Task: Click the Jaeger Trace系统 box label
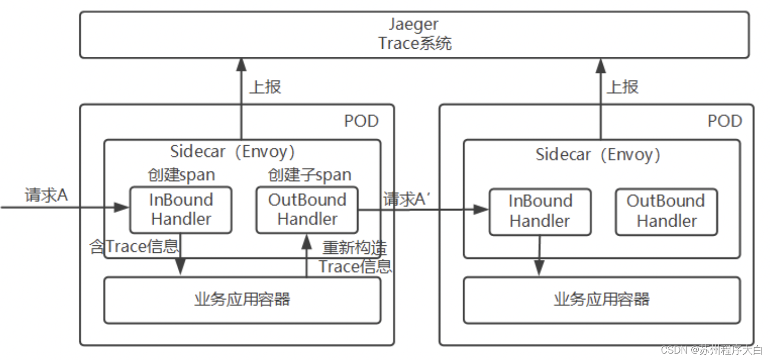pos(414,34)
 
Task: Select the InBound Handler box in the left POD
pos(181,209)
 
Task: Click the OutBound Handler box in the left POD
pos(307,209)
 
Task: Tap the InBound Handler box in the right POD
pos(540,211)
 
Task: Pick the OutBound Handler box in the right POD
pos(666,211)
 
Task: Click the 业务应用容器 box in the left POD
pos(242,299)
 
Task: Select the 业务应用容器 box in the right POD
pos(601,299)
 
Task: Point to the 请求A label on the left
pos(46,196)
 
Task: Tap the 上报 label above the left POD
pos(265,87)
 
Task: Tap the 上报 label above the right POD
pos(623,87)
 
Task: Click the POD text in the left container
pos(361,121)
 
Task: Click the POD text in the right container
pos(724,121)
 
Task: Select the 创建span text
pos(182,175)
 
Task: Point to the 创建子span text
pos(309,175)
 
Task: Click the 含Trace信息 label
pos(134,247)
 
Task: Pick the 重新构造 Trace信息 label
pos(355,257)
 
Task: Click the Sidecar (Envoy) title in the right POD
pos(598,155)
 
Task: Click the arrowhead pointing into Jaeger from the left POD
pos(241,65)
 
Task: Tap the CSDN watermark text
pos(711,350)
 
